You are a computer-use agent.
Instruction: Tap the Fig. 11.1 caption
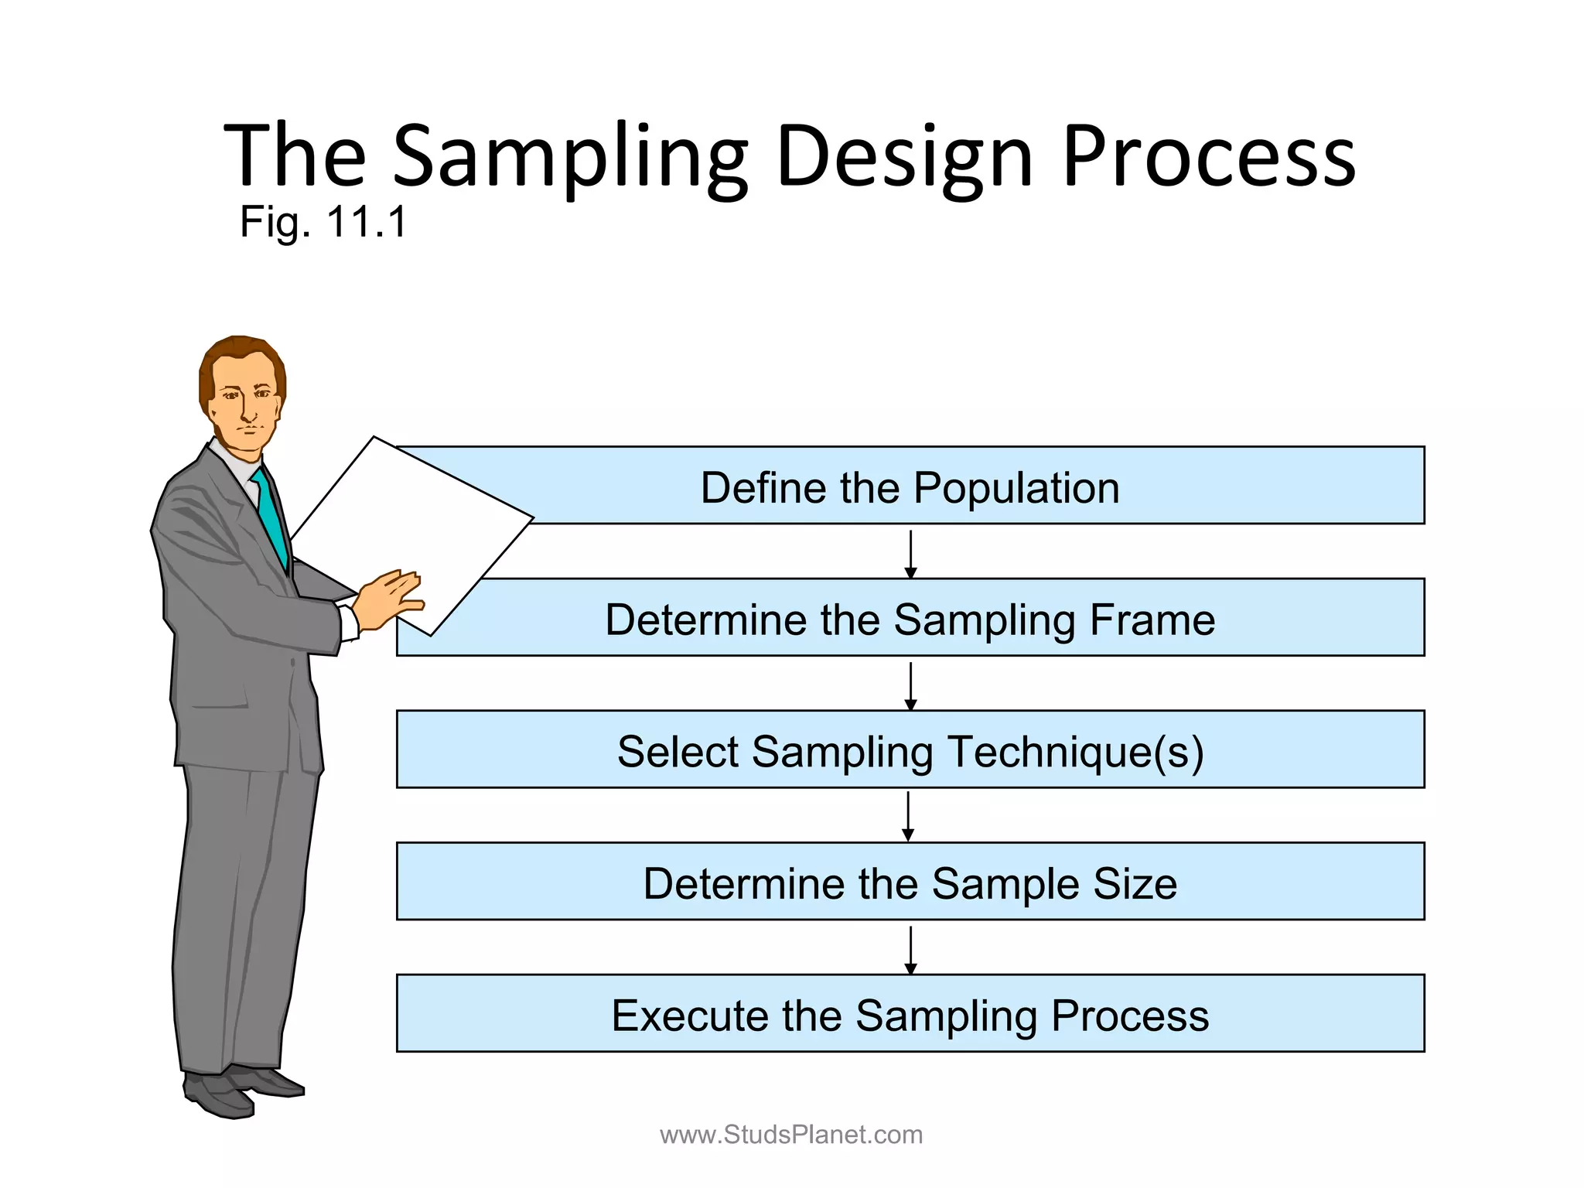[323, 223]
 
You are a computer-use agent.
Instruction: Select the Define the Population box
[910, 487]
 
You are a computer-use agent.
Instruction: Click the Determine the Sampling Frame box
[910, 619]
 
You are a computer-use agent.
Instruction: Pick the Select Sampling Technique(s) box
[910, 750]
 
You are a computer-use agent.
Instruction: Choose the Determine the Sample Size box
[910, 882]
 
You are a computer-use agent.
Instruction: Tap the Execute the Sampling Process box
[910, 1015]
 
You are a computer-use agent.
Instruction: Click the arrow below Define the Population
[910, 553]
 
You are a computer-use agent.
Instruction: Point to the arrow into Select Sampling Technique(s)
[910, 685]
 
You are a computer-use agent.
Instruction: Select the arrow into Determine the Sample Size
[908, 816]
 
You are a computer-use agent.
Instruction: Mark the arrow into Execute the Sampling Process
[910, 949]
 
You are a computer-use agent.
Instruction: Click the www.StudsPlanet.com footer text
[790, 1135]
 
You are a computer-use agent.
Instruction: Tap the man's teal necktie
[270, 514]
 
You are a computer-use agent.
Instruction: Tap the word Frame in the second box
[1152, 620]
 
